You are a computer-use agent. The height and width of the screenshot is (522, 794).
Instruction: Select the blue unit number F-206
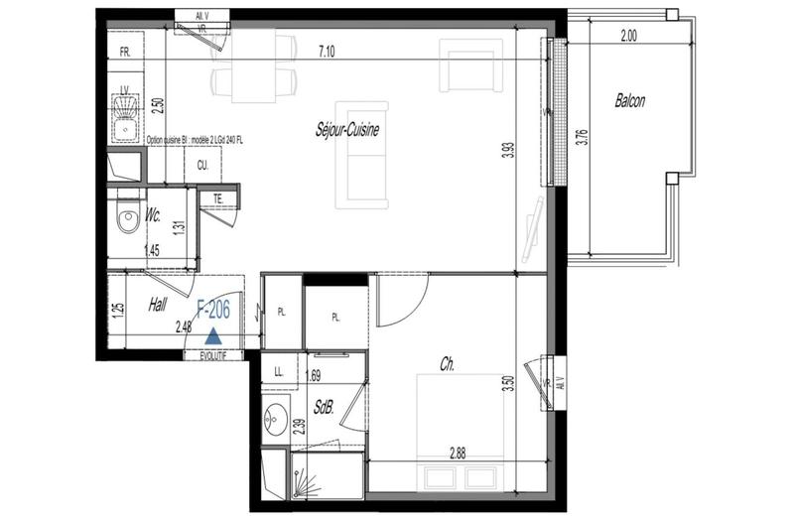point(213,311)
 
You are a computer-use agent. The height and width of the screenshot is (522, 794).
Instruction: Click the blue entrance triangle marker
point(212,336)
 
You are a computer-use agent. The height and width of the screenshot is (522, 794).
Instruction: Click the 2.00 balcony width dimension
point(628,35)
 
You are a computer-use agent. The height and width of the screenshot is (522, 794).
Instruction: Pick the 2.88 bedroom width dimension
point(458,454)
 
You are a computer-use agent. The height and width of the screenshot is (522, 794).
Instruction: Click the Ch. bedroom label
point(449,366)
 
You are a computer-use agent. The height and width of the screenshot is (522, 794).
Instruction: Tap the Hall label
point(156,307)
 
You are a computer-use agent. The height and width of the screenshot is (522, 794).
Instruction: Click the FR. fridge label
point(126,51)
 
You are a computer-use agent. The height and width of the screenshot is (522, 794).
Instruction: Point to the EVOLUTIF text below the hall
point(213,355)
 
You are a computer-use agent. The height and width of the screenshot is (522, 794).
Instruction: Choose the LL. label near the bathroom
point(279,375)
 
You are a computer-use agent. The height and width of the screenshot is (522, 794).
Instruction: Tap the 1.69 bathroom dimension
point(314,375)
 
